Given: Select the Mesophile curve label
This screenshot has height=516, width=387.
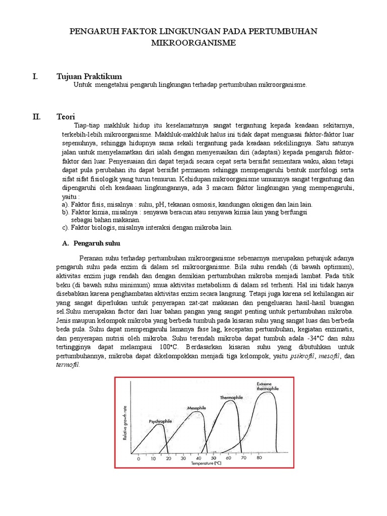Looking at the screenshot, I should (196, 407).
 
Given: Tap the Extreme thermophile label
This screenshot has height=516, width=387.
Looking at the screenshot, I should (267, 386).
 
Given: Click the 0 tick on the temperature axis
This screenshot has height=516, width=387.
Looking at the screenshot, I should (138, 459).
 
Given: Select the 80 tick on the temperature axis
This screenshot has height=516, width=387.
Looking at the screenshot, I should (259, 459).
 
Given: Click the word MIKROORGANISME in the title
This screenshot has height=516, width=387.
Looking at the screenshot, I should (193, 43).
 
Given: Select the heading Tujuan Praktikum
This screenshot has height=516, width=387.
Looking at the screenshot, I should (89, 76).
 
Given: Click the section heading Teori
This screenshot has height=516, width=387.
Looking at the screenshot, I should (66, 116).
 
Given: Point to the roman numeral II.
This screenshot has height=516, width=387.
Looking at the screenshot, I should (36, 116).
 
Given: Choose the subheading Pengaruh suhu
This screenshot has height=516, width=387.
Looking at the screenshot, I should (97, 243).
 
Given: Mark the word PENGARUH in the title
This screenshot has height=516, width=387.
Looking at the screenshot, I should (90, 32).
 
